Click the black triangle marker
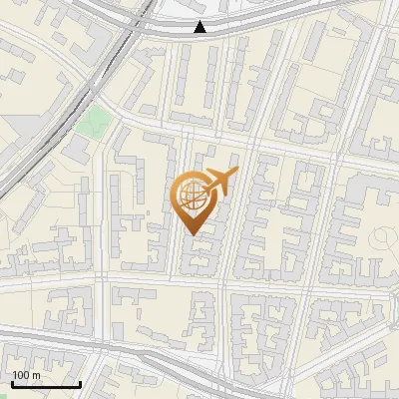click(x=200, y=27)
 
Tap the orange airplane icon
click(x=220, y=184)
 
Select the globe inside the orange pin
click(x=191, y=194)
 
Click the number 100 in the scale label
click(x=21, y=375)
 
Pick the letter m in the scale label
click(x=36, y=375)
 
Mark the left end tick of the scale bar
click(x=11, y=382)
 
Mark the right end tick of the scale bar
click(x=80, y=382)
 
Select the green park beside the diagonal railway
click(x=96, y=123)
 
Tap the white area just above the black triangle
click(x=200, y=10)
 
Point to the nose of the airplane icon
click(x=235, y=174)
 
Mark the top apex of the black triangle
click(x=200, y=21)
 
